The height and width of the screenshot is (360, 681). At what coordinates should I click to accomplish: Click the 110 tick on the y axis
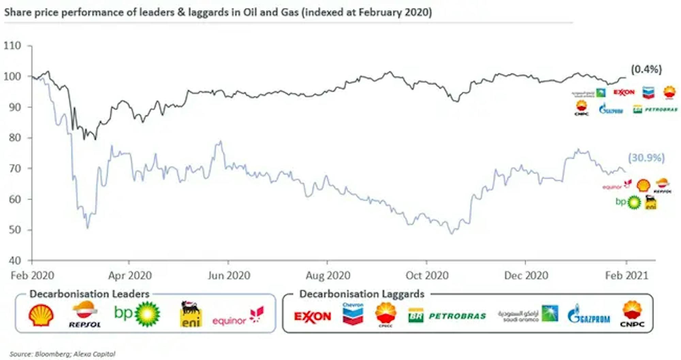pyautogui.click(x=13, y=46)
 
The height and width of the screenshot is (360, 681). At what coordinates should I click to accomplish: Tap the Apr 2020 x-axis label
pyautogui.click(x=130, y=275)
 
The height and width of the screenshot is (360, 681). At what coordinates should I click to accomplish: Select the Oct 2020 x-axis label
pyautogui.click(x=427, y=275)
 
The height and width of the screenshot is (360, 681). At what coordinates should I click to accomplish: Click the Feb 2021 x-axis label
pyautogui.click(x=627, y=275)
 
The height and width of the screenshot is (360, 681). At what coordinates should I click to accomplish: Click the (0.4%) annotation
pyautogui.click(x=646, y=69)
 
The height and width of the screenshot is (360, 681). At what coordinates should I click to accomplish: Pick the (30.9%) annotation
pyautogui.click(x=646, y=158)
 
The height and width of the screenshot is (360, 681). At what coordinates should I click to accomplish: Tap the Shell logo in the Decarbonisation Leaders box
pyautogui.click(x=41, y=315)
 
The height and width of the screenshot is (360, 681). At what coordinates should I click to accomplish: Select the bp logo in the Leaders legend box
pyautogui.click(x=137, y=314)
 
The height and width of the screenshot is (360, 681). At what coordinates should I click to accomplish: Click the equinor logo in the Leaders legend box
pyautogui.click(x=238, y=316)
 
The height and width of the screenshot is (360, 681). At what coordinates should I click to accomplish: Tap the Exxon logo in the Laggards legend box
pyautogui.click(x=313, y=316)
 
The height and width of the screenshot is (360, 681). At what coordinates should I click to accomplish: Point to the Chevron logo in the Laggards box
pyautogui.click(x=353, y=314)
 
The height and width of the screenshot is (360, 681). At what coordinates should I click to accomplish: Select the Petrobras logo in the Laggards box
pyautogui.click(x=447, y=316)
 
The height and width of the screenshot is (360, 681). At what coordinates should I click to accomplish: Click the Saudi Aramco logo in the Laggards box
pyautogui.click(x=528, y=314)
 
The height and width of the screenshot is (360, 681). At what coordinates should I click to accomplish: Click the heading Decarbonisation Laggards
pyautogui.click(x=362, y=294)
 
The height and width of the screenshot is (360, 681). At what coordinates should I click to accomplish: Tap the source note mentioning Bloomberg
pyautogui.click(x=63, y=354)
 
